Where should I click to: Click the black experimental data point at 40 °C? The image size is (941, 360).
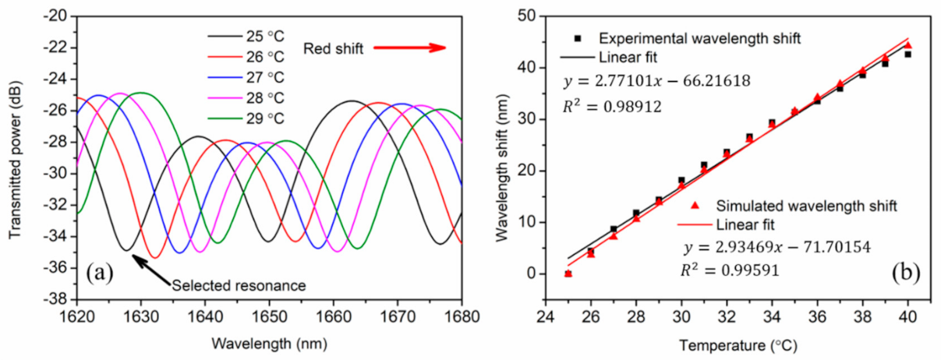(x=907, y=55)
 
